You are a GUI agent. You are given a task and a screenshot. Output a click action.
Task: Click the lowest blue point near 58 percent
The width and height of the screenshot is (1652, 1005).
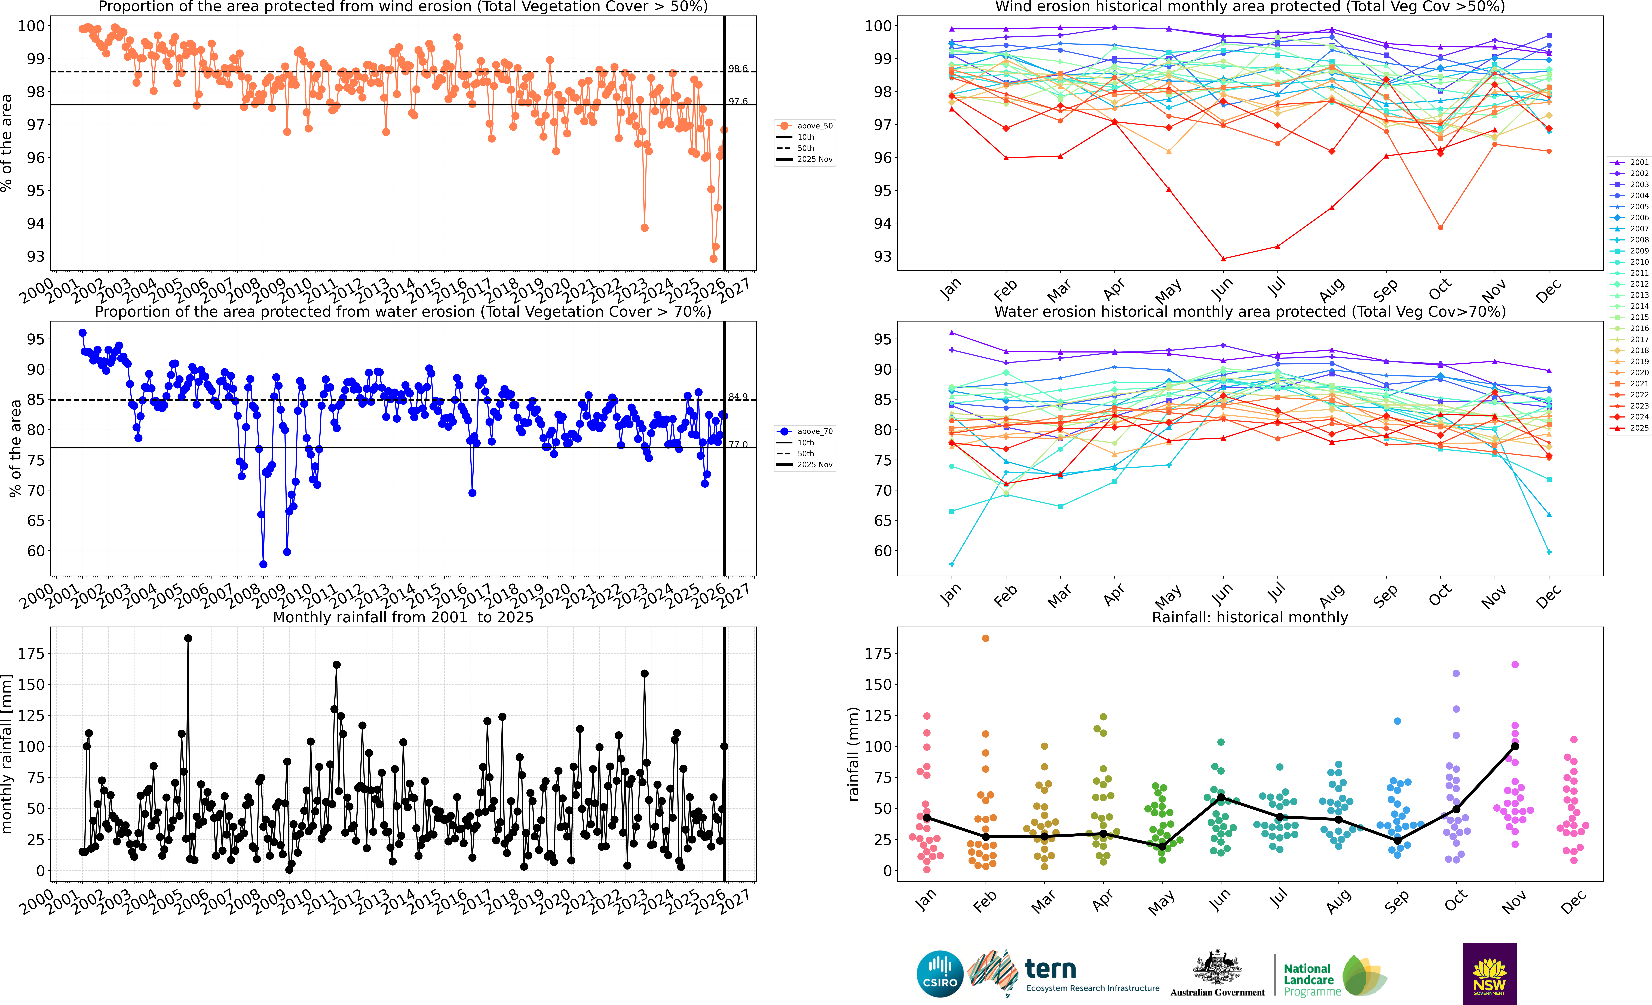(263, 564)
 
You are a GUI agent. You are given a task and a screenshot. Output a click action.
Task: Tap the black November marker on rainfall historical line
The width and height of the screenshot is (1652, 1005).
(1515, 746)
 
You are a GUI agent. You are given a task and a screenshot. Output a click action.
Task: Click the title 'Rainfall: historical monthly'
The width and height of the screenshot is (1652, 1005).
(1250, 617)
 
